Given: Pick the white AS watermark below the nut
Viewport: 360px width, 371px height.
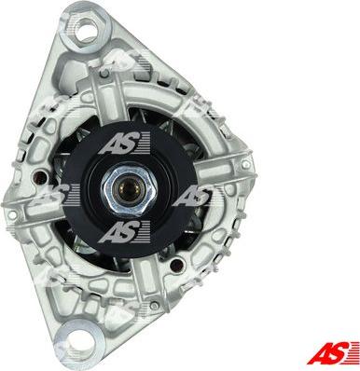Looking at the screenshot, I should pyautogui.click(x=122, y=231).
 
